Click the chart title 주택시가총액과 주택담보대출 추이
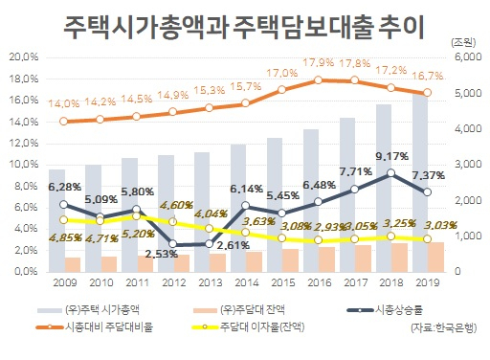pos(244,27)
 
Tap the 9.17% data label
pos(391,156)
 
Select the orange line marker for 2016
pos(318,80)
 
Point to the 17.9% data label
pos(318,62)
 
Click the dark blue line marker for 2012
pos(172,244)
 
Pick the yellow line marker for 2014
pos(245,233)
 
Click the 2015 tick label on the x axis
pos(281,282)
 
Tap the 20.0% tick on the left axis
pos(24,57)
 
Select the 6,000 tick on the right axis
pos(466,56)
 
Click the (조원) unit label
pos(463,42)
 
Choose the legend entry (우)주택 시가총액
pos(88,309)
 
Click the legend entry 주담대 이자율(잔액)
pos(248,326)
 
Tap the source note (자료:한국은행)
pos(444,327)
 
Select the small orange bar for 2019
pos(435,258)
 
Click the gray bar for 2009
pos(56,221)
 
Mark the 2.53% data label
pos(162,254)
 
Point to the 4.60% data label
pos(176,205)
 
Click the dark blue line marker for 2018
pos(390,173)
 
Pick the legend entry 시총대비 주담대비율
pos(95,326)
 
